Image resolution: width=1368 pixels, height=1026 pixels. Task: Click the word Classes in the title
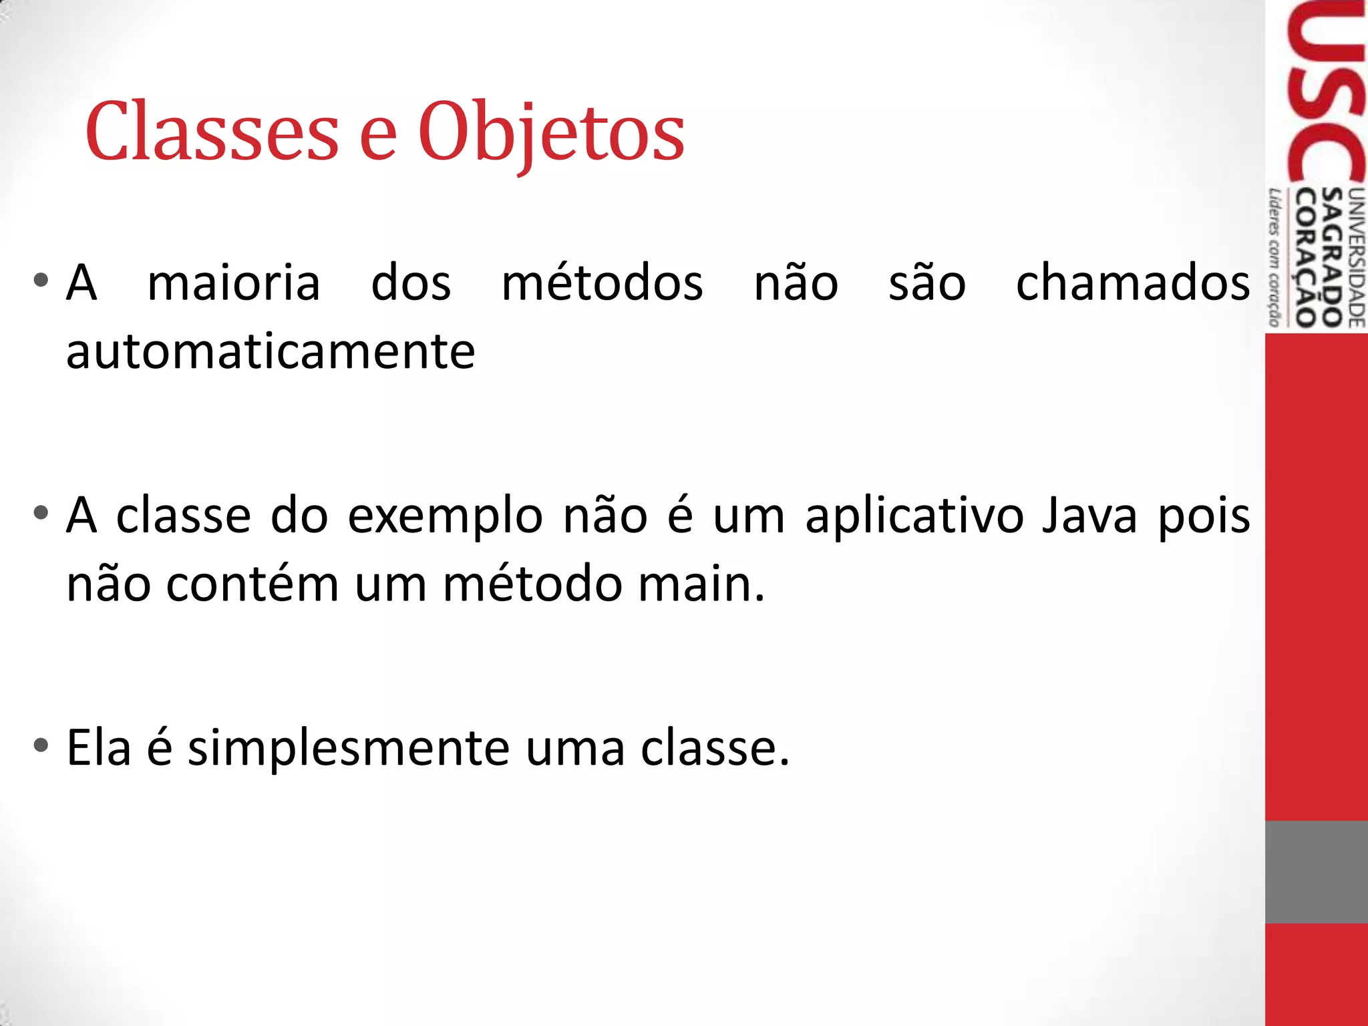[x=212, y=131]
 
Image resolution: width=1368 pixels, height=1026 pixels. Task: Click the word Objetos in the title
[x=551, y=132]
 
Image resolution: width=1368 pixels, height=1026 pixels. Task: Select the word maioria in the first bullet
[x=234, y=283]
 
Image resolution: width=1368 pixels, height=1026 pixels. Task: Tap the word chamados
[x=1133, y=283]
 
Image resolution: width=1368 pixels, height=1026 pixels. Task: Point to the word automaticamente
[x=271, y=352]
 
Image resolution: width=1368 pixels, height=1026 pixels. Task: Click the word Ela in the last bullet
[x=99, y=747]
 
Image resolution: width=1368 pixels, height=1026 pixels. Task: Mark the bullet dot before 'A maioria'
[x=41, y=281]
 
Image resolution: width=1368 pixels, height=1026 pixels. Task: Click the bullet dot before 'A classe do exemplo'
[x=41, y=513]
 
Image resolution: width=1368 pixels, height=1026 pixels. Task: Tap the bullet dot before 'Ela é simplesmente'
[x=41, y=745]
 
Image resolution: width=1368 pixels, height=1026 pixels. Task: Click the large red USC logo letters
[x=1326, y=94]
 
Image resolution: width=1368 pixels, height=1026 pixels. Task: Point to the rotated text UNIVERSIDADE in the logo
[x=1357, y=258]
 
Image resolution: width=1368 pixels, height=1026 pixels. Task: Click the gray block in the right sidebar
[x=1316, y=872]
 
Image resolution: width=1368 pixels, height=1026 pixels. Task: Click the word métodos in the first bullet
[x=602, y=283]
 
